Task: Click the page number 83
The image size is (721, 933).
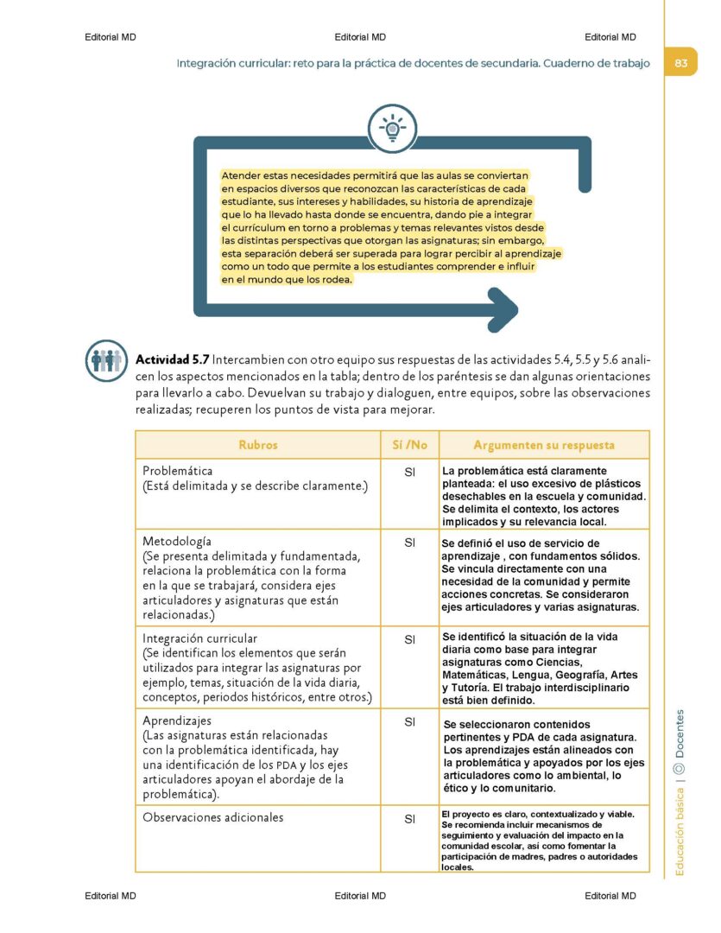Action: click(680, 63)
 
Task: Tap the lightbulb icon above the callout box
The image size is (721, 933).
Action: click(393, 128)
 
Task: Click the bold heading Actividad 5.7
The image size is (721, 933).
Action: click(172, 359)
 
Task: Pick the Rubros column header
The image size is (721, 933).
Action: click(257, 445)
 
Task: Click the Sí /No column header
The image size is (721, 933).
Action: click(410, 445)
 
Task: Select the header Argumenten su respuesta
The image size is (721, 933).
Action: click(544, 445)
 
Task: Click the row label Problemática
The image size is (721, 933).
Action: click(177, 471)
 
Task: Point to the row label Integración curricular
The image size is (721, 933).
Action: click(199, 638)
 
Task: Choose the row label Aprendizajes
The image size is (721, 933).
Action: click(176, 720)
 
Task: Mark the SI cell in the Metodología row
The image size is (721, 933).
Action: click(411, 543)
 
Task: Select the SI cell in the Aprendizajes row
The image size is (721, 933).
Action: click(411, 721)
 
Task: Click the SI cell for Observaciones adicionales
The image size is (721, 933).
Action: click(411, 819)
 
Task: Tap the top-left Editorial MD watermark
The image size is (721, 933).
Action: click(111, 37)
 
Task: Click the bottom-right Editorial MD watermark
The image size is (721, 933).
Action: click(610, 896)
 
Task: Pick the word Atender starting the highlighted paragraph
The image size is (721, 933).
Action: click(241, 175)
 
